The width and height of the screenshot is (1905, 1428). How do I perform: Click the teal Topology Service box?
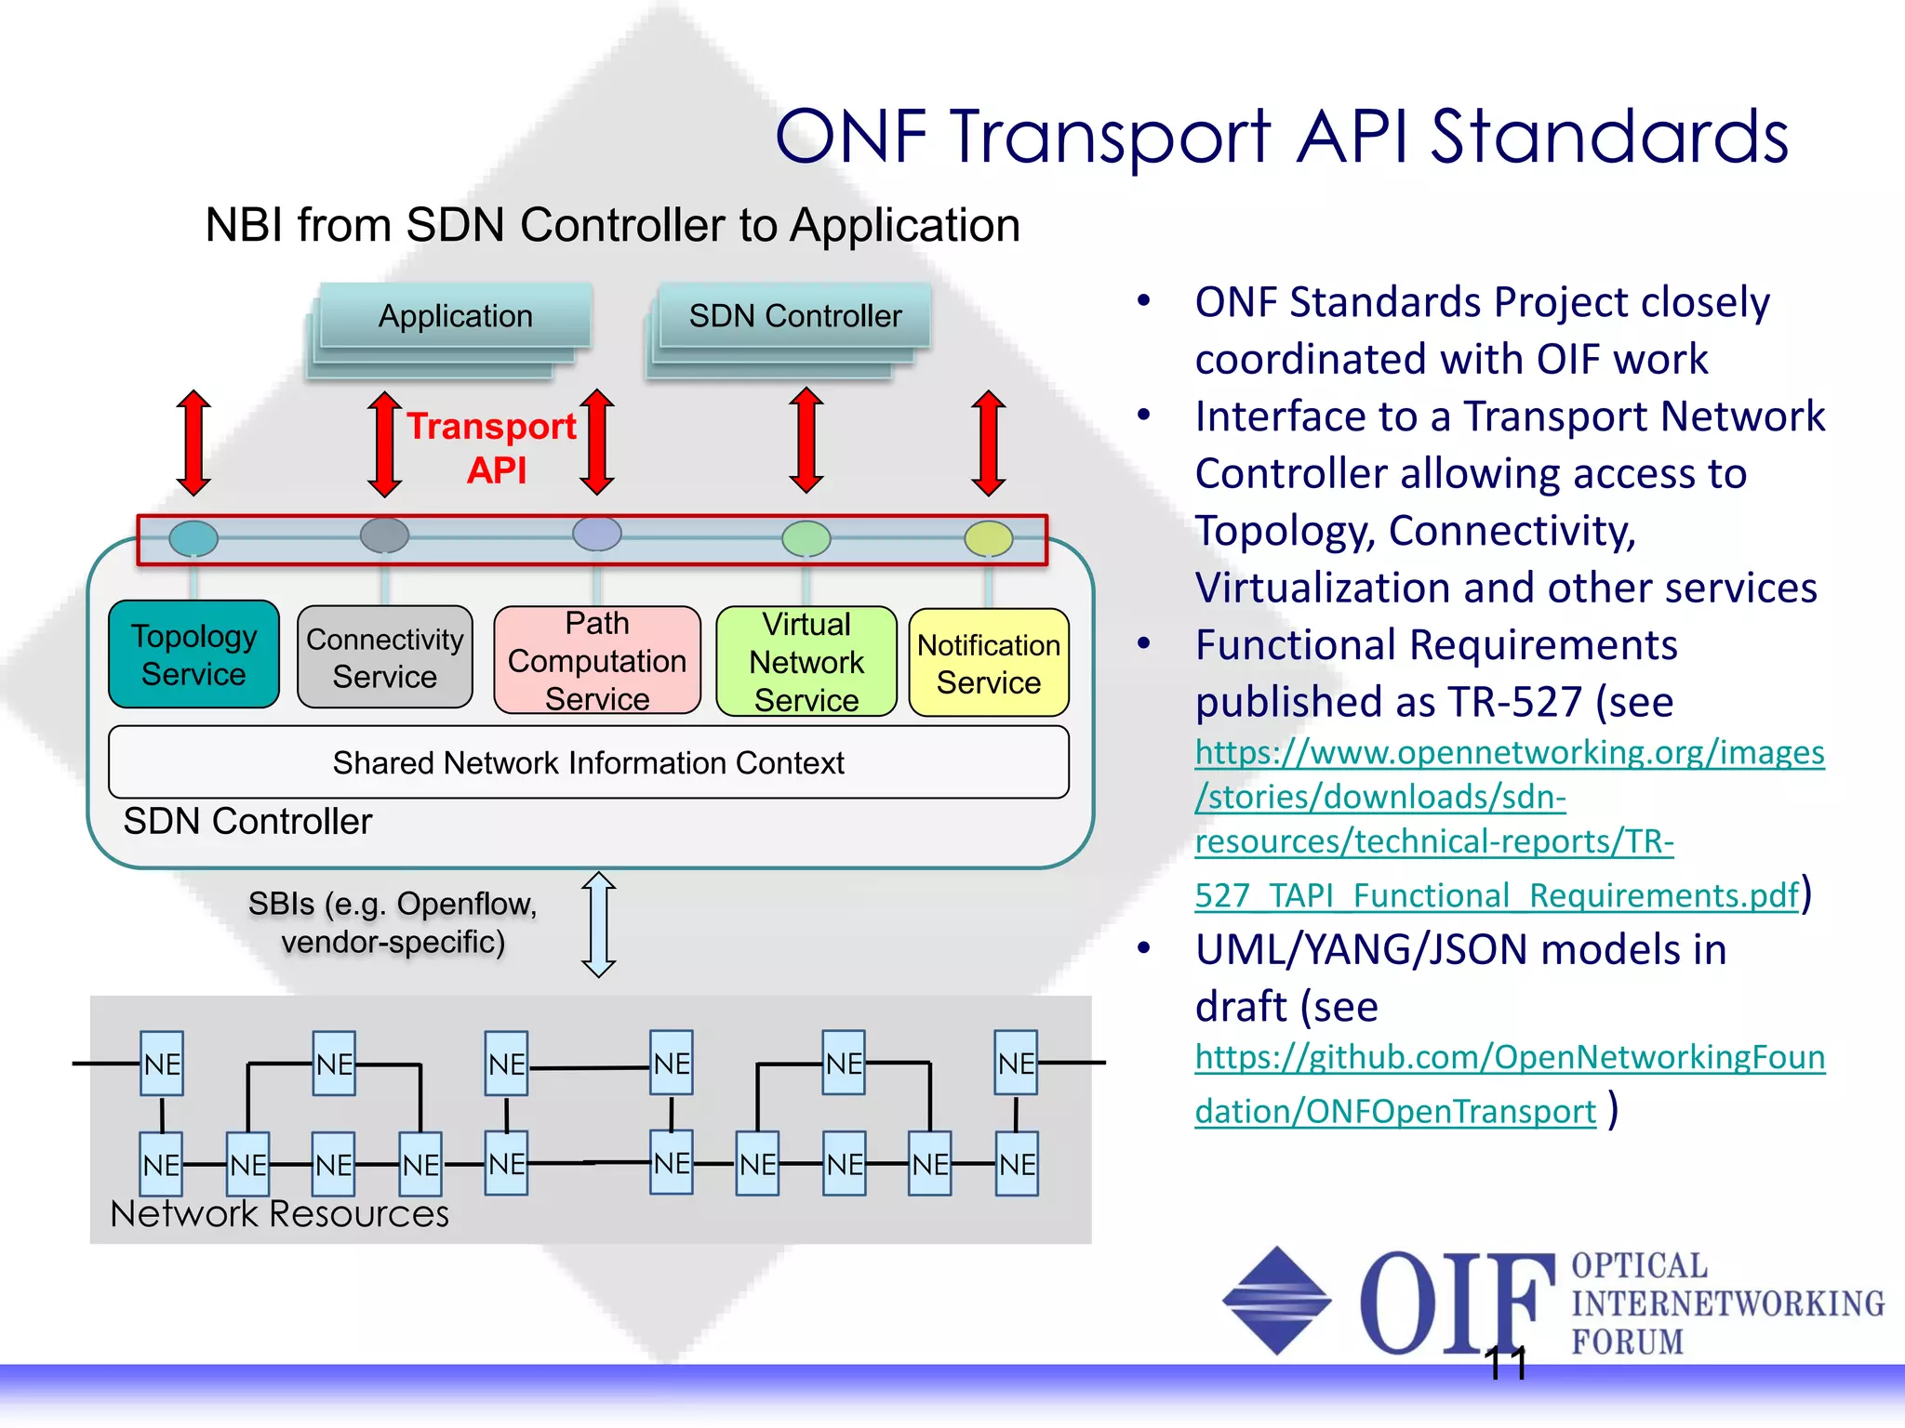(x=193, y=654)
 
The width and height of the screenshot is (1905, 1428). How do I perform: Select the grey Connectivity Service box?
(x=384, y=657)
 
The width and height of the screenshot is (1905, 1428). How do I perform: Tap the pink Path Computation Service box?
(x=597, y=660)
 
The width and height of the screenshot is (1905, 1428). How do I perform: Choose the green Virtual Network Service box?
(x=806, y=661)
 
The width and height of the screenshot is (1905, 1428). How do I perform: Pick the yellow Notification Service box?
(x=989, y=663)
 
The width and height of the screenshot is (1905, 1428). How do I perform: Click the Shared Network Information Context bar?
(x=588, y=762)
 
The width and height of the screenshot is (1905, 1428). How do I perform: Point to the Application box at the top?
(x=455, y=316)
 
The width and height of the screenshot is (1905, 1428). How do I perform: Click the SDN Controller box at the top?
(x=794, y=316)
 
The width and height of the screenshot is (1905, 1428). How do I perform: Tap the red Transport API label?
(x=493, y=447)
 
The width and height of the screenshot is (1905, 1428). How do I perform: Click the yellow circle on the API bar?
(x=988, y=537)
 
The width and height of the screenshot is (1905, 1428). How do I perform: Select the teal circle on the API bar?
(x=193, y=537)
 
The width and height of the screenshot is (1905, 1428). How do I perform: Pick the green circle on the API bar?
(x=806, y=537)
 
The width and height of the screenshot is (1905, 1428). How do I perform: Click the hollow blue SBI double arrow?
(x=598, y=924)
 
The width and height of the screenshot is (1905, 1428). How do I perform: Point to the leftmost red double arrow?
(x=193, y=443)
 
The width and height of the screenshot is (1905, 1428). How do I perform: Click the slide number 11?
(x=1505, y=1364)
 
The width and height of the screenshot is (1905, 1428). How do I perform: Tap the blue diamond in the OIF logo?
(x=1276, y=1300)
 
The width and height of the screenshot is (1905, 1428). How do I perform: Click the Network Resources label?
(x=279, y=1214)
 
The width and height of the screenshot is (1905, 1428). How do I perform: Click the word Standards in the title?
(x=1608, y=137)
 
